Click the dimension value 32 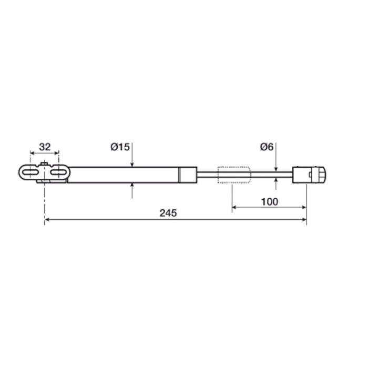pyautogui.click(x=45, y=147)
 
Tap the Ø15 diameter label pyautogui.click(x=120, y=147)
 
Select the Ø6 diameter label pyautogui.click(x=267, y=147)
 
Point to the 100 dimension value pyautogui.click(x=269, y=201)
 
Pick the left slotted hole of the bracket pyautogui.click(x=32, y=172)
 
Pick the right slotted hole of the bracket pyautogui.click(x=60, y=172)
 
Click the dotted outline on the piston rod pyautogui.click(x=234, y=175)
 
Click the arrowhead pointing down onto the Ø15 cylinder pyautogui.click(x=132, y=165)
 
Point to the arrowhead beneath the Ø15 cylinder pyautogui.click(x=132, y=186)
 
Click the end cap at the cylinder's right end pyautogui.click(x=188, y=175)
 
